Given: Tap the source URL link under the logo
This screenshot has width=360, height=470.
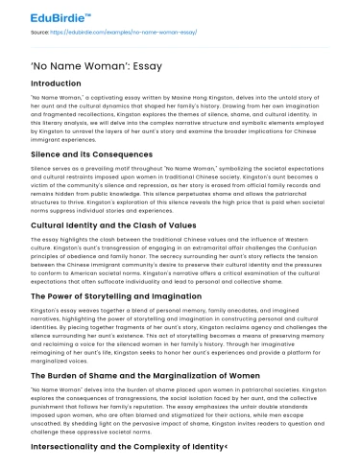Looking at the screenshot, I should click(x=111, y=30).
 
